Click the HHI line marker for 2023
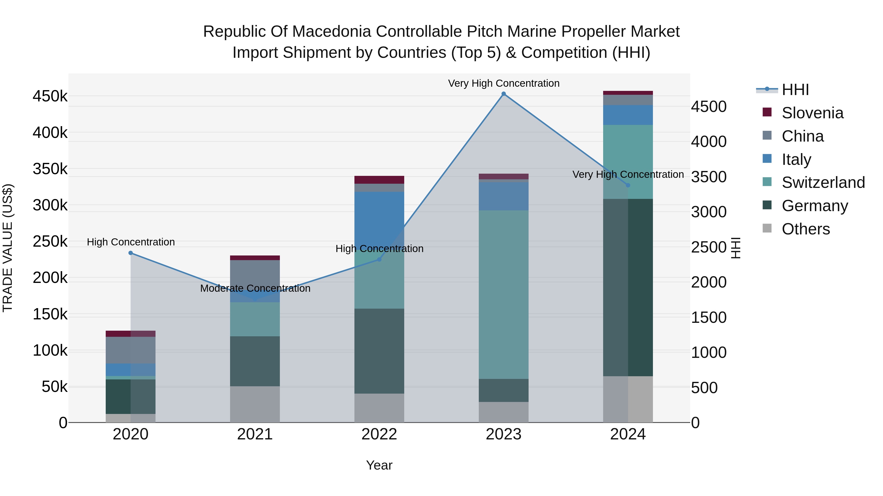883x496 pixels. [504, 94]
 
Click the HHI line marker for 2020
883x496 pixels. [130, 253]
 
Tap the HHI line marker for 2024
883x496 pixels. [628, 185]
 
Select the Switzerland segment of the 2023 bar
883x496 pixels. [504, 294]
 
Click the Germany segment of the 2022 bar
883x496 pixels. [379, 351]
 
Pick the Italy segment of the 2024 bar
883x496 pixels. [628, 115]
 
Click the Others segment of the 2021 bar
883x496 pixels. [255, 404]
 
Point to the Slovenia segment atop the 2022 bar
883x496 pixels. [379, 180]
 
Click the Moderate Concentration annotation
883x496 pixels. [255, 288]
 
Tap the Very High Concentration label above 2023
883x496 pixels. [504, 83]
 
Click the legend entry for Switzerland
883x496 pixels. [823, 182]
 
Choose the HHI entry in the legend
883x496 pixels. [795, 90]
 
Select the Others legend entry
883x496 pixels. [805, 229]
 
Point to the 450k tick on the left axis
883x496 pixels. [50, 97]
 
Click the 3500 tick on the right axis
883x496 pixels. [708, 177]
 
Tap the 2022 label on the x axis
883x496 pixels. [379, 434]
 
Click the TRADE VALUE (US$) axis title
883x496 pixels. [8, 248]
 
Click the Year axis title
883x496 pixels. [379, 465]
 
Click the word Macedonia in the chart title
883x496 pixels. [332, 32]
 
